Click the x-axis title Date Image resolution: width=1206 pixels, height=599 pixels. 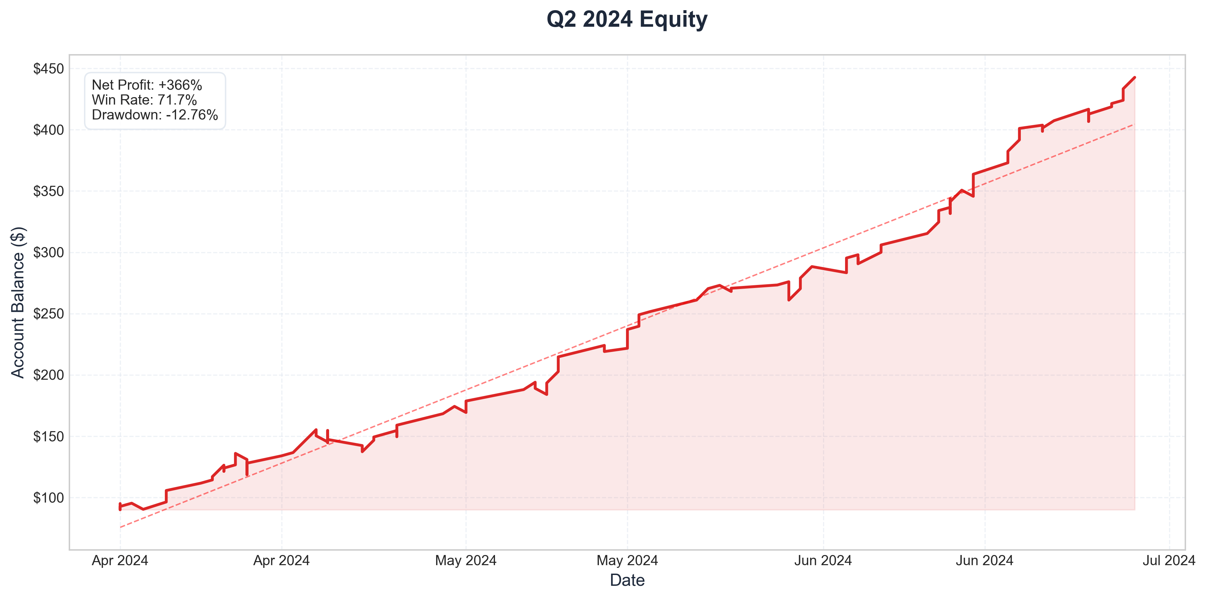pyautogui.click(x=627, y=580)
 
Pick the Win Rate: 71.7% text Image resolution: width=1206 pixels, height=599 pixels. pyautogui.click(x=144, y=100)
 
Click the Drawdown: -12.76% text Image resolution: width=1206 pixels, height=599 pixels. pyautogui.click(x=155, y=115)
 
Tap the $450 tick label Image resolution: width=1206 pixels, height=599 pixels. pyautogui.click(x=48, y=69)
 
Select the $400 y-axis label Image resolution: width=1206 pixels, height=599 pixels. pyautogui.click(x=48, y=130)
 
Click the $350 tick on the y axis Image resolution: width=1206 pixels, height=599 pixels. pyautogui.click(x=48, y=192)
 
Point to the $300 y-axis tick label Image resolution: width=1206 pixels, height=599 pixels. pyautogui.click(x=48, y=253)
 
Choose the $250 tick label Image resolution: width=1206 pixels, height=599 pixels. pyautogui.click(x=48, y=314)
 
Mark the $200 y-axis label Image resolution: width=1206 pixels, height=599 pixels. pyautogui.click(x=48, y=375)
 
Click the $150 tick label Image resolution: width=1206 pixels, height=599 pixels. pyautogui.click(x=48, y=437)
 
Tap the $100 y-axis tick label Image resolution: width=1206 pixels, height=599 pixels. pyautogui.click(x=48, y=498)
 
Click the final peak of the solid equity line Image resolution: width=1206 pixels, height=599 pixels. pyautogui.click(x=1134, y=77)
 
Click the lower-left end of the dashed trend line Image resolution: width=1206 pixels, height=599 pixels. pyautogui.click(x=120, y=527)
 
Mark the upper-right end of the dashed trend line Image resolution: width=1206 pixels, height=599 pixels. pyautogui.click(x=1134, y=124)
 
